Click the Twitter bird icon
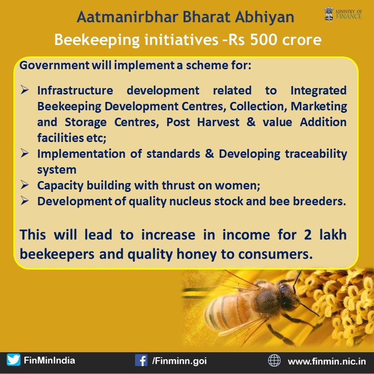pyautogui.click(x=13, y=360)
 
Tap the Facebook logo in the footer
pyautogui.click(x=141, y=360)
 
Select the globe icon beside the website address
pyautogui.click(x=274, y=360)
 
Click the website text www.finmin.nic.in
pyautogui.click(x=327, y=361)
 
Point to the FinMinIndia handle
pyautogui.click(x=49, y=360)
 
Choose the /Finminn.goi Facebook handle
pyautogui.click(x=180, y=361)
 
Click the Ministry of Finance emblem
pyautogui.click(x=328, y=14)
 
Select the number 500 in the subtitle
pyautogui.click(x=264, y=40)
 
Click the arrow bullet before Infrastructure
pyautogui.click(x=25, y=90)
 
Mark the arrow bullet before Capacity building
pyautogui.click(x=25, y=185)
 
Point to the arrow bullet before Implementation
pyautogui.click(x=25, y=153)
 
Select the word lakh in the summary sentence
pyautogui.click(x=333, y=234)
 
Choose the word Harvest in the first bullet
pyautogui.click(x=218, y=122)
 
